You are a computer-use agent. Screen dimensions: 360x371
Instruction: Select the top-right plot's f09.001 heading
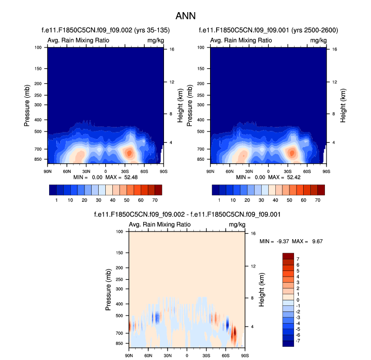268,30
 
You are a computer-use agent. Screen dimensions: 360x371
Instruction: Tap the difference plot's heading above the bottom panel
187,215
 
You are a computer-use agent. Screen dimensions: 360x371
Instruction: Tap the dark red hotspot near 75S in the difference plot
234,334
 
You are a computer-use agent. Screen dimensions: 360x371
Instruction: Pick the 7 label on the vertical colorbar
297,259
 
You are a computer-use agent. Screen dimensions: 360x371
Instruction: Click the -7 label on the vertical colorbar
298,341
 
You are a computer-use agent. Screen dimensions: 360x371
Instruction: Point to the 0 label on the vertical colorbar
297,300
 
